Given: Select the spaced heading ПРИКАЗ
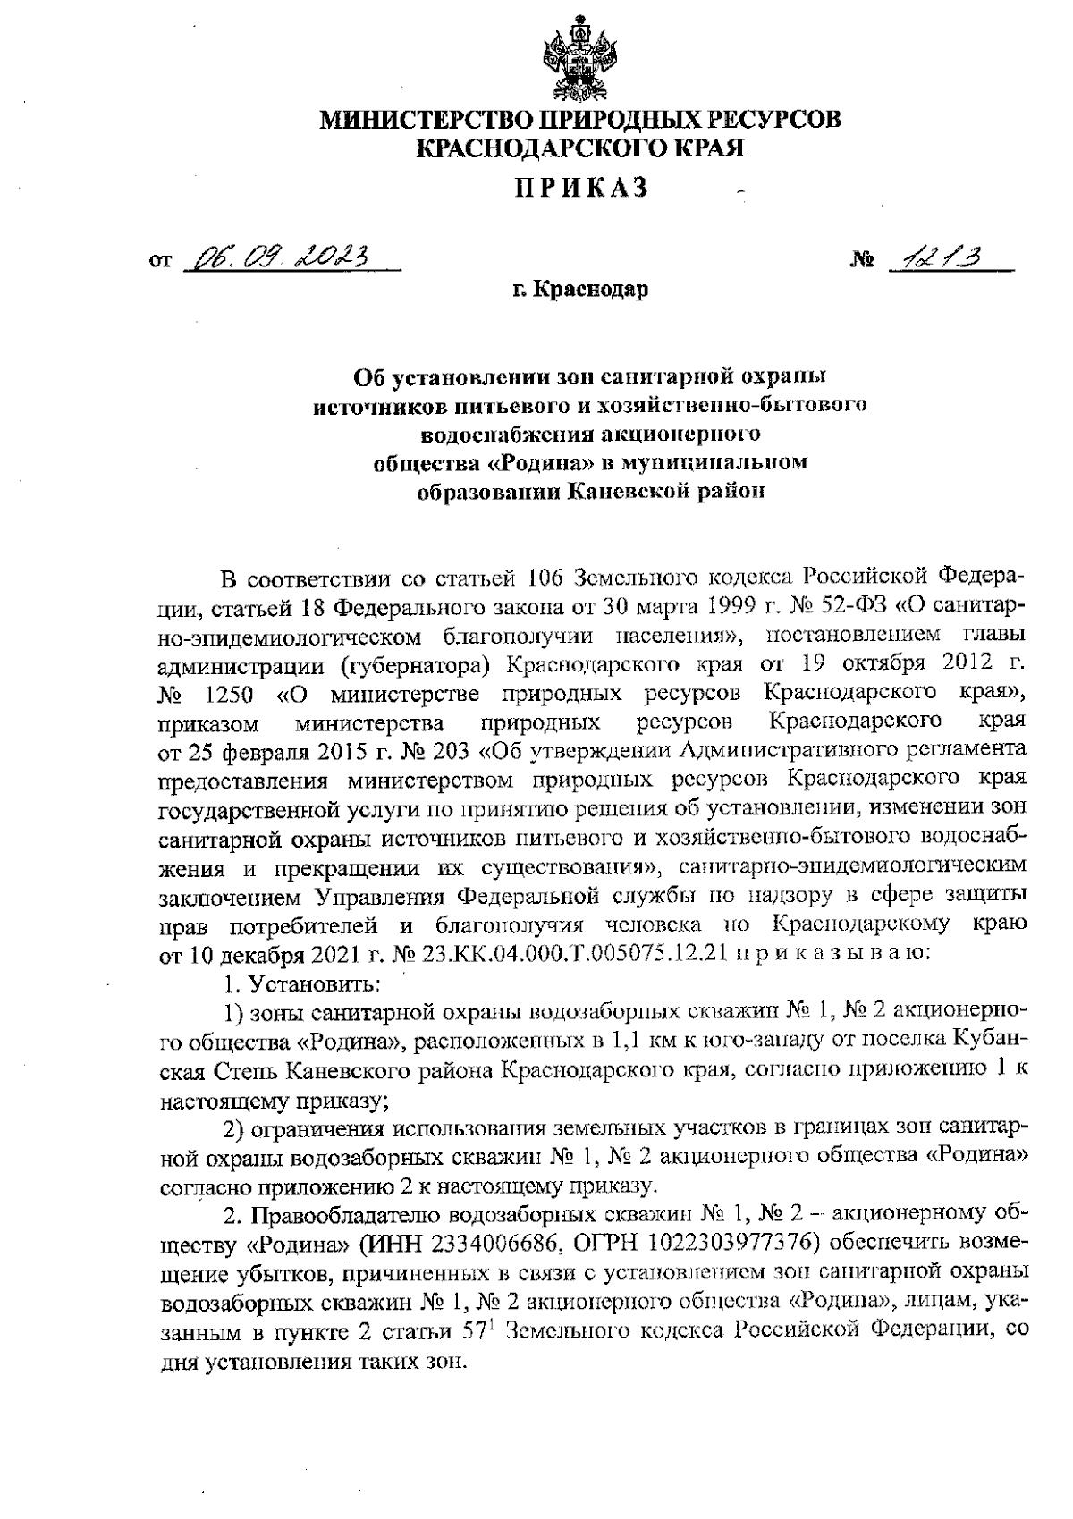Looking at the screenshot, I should point(580,189).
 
